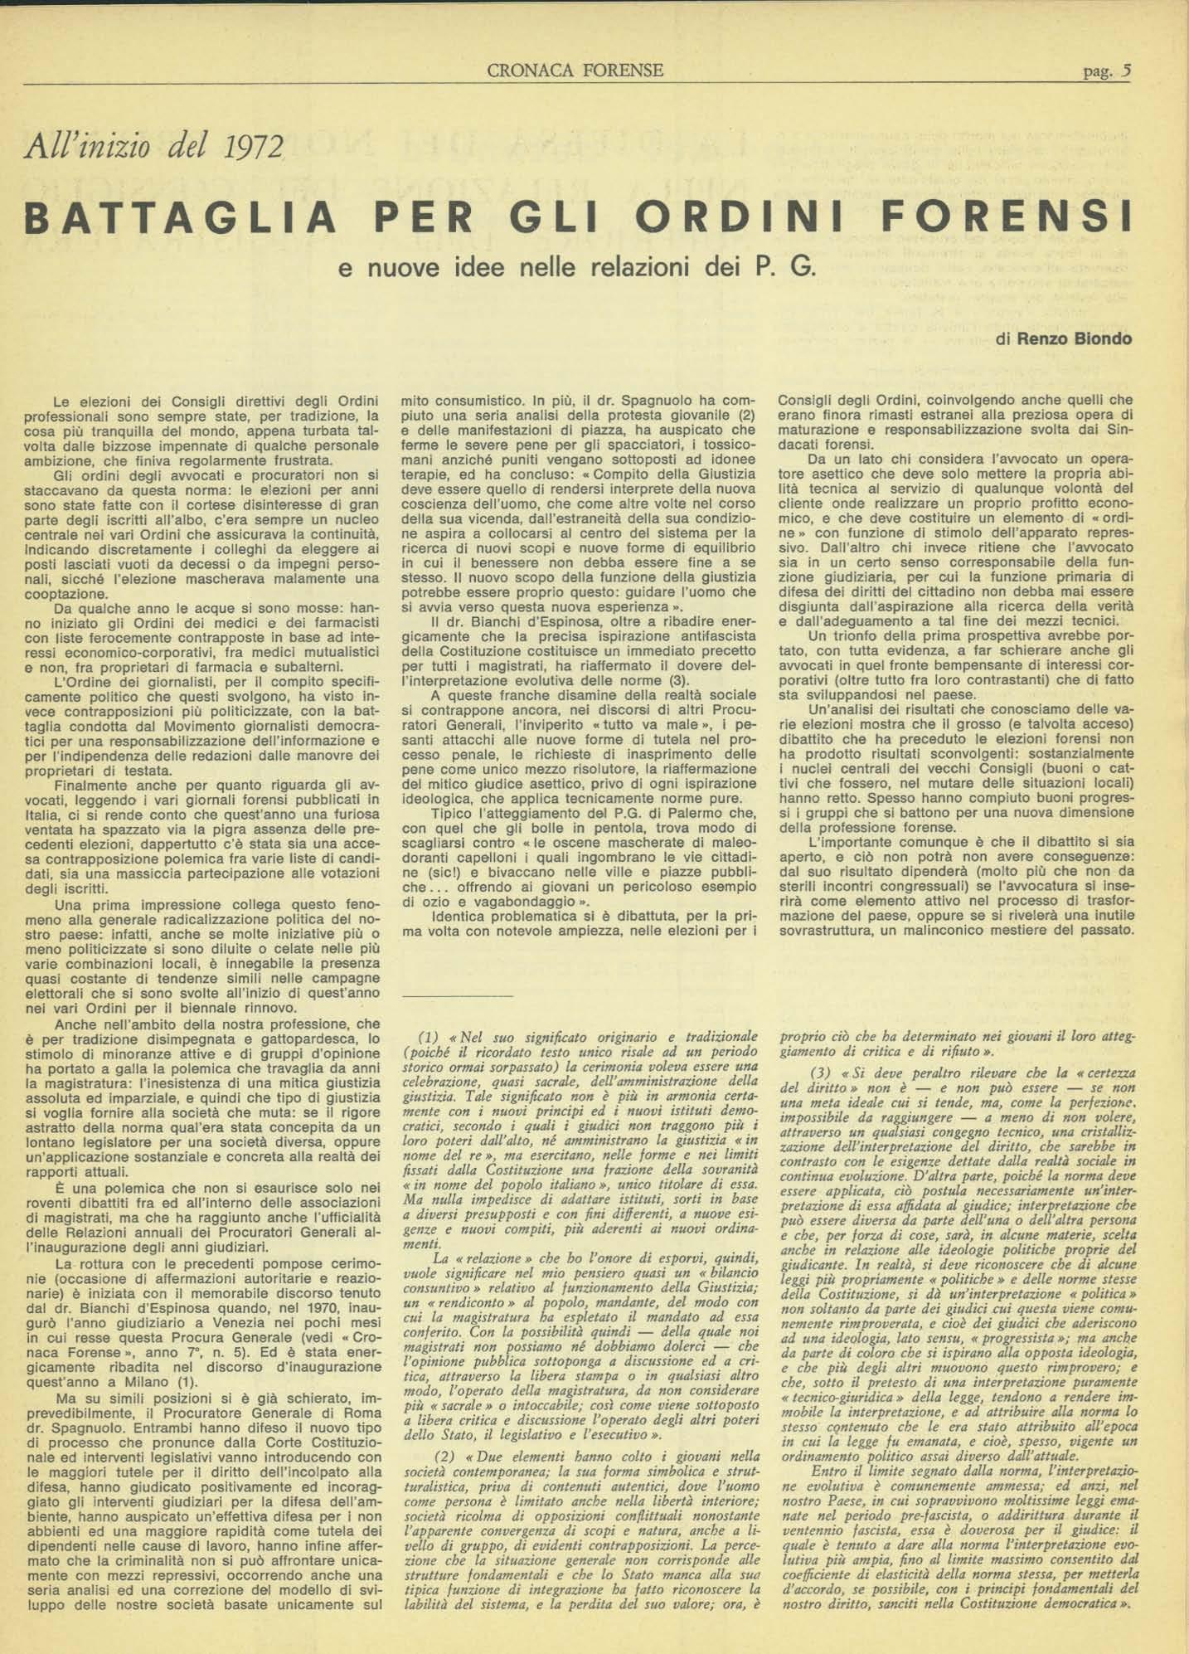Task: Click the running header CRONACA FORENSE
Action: [x=575, y=71]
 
